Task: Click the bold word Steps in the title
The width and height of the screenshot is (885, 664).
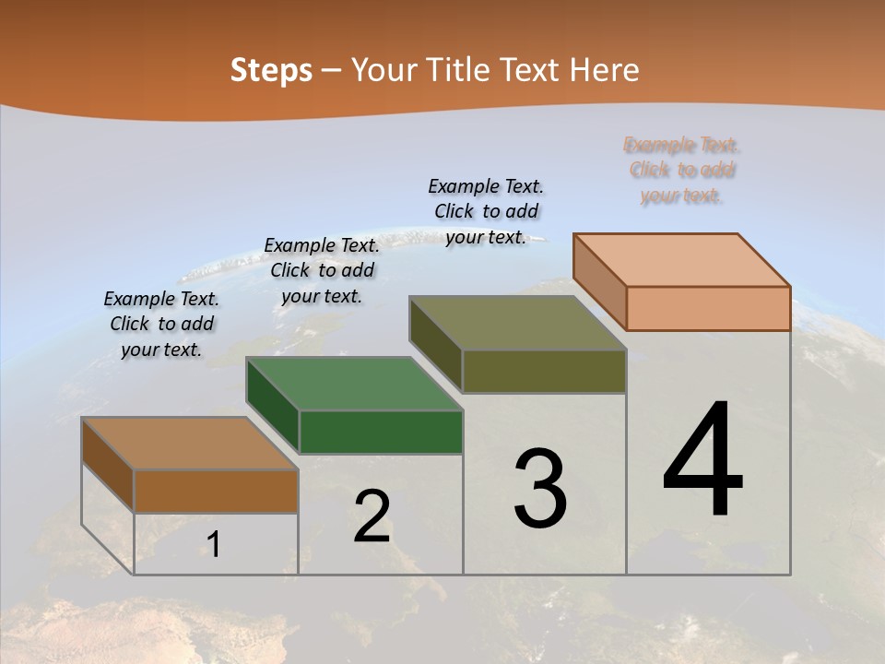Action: pos(271,70)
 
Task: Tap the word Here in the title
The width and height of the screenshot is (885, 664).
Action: pos(605,70)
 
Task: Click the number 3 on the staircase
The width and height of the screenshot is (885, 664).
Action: pos(540,489)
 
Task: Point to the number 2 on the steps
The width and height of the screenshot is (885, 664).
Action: pos(372,516)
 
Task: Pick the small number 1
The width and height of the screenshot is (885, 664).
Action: pos(214,544)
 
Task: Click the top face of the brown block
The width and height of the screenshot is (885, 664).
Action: pos(190,444)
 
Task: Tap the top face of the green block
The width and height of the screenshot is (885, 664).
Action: pos(354,384)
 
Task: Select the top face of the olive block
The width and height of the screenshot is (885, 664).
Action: pos(518,323)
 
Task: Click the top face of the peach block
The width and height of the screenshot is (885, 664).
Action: pos(682,260)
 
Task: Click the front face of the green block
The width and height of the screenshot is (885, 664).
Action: pos(381,432)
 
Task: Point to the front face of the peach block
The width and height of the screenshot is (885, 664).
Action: pos(708,308)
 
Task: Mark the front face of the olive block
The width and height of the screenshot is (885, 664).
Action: pos(544,371)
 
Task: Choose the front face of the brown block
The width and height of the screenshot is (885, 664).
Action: pos(216,491)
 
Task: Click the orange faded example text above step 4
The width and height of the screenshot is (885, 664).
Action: pos(681,170)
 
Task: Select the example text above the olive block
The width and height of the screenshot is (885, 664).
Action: pos(486,211)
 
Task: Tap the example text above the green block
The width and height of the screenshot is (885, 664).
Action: pos(322,270)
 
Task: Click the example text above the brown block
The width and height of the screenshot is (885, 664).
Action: pos(161,324)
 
